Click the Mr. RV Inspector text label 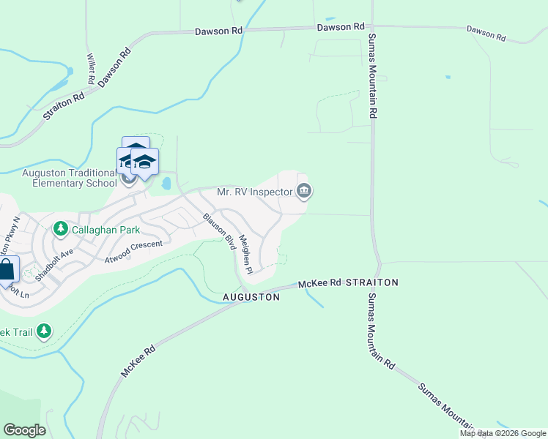(x=254, y=192)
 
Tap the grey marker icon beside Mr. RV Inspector (x=304, y=192)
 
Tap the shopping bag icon (x=7, y=269)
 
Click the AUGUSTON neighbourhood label (x=251, y=298)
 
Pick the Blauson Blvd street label (x=218, y=230)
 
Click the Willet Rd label (x=92, y=69)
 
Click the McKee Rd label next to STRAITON (x=320, y=282)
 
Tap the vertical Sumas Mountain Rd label (x=372, y=76)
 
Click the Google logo (x=24, y=429)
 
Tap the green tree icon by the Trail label (x=44, y=331)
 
